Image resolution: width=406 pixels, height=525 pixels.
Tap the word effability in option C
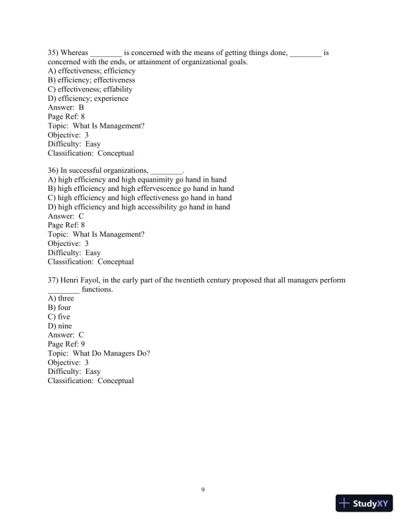coord(117,89)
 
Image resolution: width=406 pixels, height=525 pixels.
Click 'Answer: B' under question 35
coord(66,107)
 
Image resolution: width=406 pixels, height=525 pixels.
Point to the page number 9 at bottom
coord(203,490)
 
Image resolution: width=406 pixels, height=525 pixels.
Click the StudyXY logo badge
coord(365,504)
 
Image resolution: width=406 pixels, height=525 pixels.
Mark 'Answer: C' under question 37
coord(66,335)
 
